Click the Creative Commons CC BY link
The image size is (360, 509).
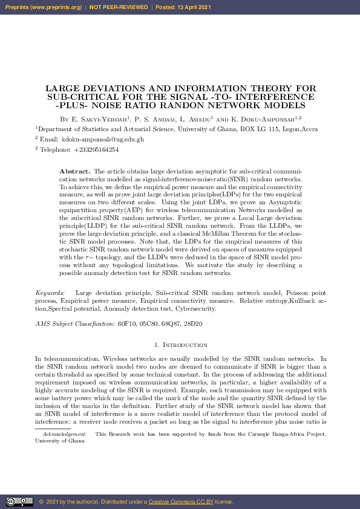coord(177,502)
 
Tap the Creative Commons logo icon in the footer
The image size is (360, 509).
coord(19,501)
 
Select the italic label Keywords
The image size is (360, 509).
coord(50,293)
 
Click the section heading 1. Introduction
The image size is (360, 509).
coord(181,345)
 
